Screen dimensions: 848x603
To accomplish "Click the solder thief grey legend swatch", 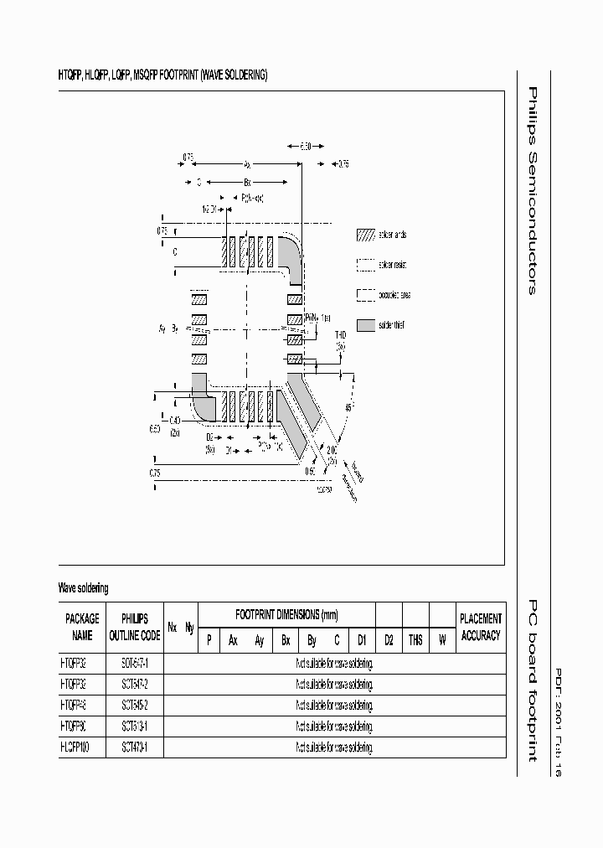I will [366, 325].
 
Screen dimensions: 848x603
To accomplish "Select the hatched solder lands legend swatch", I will [366, 235].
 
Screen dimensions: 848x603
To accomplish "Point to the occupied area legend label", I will [395, 295].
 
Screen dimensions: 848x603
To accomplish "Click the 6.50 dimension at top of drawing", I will [306, 147].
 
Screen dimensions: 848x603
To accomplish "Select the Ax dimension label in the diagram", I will [248, 164].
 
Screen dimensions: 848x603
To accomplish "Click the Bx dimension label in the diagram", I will [248, 181].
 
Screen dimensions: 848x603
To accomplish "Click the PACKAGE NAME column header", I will [82, 627].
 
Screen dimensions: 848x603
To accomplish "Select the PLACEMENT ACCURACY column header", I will [481, 627].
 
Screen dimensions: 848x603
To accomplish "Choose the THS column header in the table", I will [415, 640].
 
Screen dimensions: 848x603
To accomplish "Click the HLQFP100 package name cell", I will [80, 747].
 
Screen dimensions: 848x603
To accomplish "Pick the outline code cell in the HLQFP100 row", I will [135, 747].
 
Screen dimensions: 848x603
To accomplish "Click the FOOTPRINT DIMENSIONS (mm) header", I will [286, 614].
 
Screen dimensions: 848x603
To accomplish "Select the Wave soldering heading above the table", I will [83, 589].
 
